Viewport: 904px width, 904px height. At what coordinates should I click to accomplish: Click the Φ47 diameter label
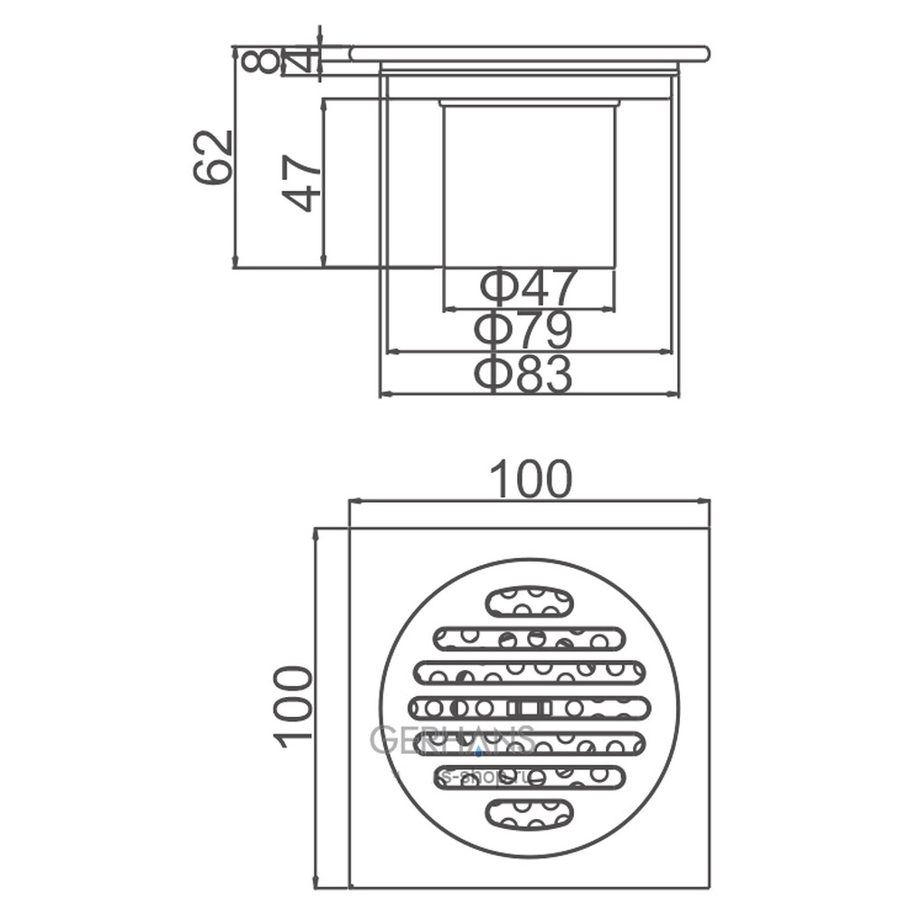point(528,288)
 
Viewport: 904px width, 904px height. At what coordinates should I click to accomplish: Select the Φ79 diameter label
point(523,331)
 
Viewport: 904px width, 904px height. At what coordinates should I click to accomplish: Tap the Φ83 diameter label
point(523,373)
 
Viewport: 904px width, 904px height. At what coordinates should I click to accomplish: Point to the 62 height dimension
point(214,157)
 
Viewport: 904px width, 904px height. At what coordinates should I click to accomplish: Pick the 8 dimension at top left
point(259,61)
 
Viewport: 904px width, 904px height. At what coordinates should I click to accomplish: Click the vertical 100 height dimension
point(294,706)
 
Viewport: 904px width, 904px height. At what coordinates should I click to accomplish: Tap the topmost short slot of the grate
point(529,601)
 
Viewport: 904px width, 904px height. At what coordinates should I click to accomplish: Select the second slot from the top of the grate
point(529,638)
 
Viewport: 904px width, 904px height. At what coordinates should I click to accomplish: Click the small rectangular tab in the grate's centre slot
point(528,707)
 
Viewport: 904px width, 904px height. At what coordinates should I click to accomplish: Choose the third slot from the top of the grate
point(529,672)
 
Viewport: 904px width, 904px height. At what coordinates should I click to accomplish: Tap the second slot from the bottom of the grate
point(529,777)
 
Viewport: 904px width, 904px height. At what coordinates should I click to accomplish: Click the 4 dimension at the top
point(303,61)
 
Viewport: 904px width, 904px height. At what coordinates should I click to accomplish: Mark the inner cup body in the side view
point(529,185)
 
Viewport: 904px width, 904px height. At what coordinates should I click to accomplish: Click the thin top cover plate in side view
point(529,53)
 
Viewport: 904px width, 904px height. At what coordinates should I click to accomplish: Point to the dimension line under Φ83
point(529,395)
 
